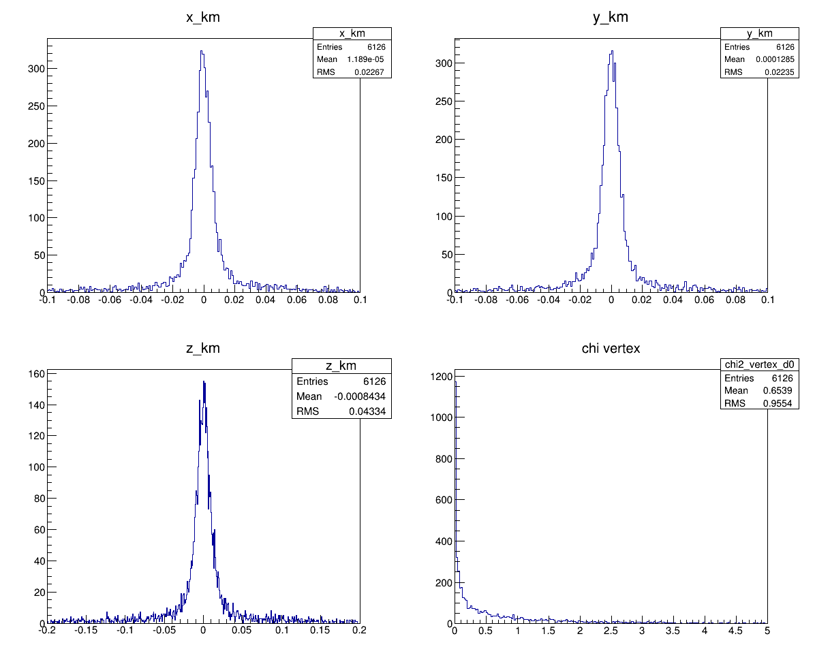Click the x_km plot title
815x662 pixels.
point(203,18)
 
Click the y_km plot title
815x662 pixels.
point(611,18)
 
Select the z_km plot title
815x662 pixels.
point(203,349)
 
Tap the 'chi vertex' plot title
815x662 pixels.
point(611,349)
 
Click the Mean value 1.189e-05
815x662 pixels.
point(370,60)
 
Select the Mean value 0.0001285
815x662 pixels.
point(775,60)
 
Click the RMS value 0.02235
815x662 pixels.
point(781,72)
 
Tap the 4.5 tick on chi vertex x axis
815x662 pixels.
point(736,631)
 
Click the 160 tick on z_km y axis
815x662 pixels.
point(37,374)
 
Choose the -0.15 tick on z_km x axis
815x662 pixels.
point(86,631)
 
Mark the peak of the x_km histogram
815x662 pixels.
point(202,50)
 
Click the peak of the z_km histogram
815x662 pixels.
point(204,381)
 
